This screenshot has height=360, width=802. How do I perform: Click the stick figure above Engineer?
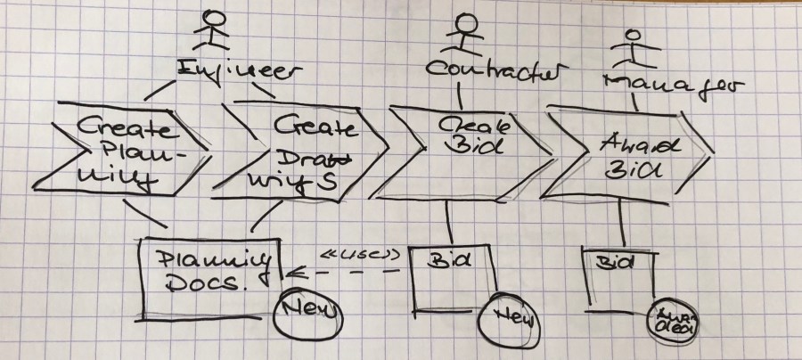(x=212, y=30)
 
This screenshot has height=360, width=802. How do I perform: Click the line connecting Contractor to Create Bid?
(x=460, y=93)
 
